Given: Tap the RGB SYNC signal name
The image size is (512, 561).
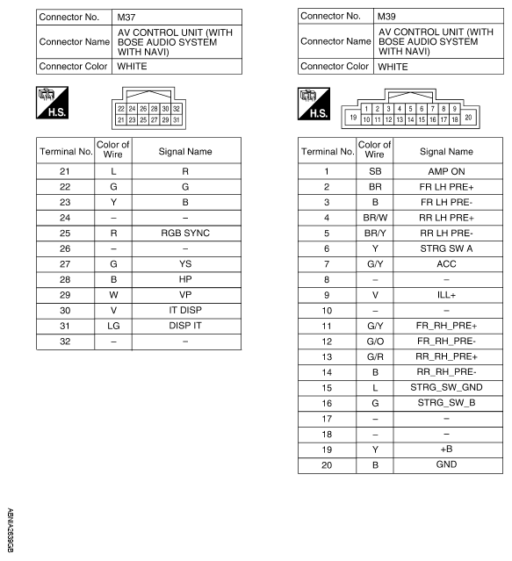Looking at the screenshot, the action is tap(172, 236).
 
